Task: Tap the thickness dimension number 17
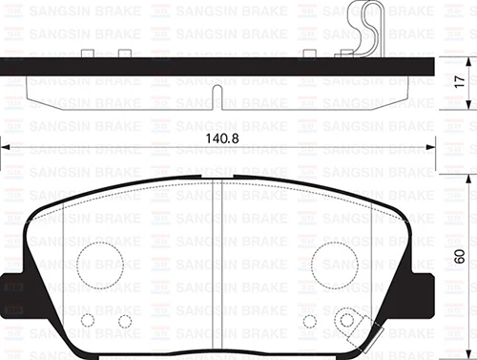click(460, 83)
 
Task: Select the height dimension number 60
click(460, 256)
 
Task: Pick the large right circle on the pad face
click(335, 259)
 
